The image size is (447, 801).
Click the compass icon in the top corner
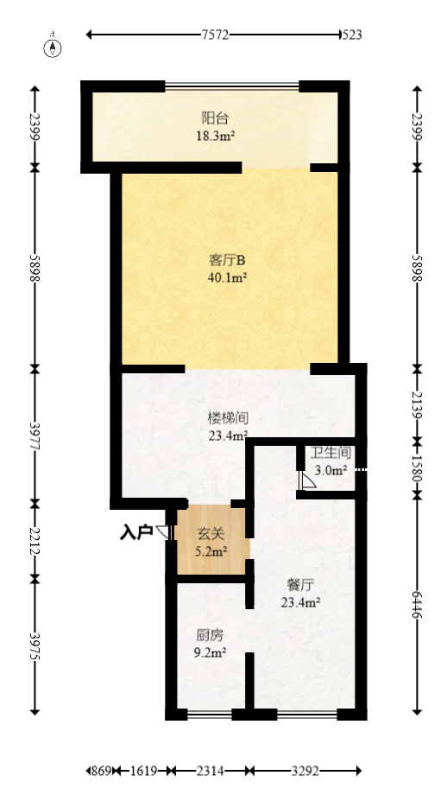54,47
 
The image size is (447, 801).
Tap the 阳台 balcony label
215,118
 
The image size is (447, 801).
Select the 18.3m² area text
217,136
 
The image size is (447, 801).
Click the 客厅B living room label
228,259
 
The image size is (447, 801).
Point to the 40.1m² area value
229,277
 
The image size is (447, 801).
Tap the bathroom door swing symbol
306,481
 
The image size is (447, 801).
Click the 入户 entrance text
135,532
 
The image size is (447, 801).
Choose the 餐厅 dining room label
302,585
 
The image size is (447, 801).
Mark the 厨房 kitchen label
209,635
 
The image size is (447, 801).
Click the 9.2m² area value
210,653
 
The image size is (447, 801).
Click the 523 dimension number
351,35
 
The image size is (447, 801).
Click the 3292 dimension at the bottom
305,771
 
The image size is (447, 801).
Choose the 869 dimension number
102,771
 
